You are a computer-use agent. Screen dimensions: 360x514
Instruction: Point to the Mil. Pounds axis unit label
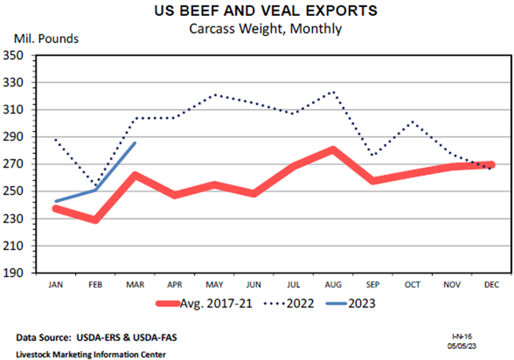(x=46, y=38)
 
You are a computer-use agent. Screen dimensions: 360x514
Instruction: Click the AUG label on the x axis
(x=331, y=284)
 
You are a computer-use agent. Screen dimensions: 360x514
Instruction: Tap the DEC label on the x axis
(x=488, y=284)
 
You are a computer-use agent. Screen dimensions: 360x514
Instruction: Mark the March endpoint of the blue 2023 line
(x=135, y=143)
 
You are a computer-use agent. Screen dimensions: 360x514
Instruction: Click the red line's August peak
(x=331, y=149)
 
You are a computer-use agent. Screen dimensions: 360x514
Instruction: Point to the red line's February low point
(x=95, y=220)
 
